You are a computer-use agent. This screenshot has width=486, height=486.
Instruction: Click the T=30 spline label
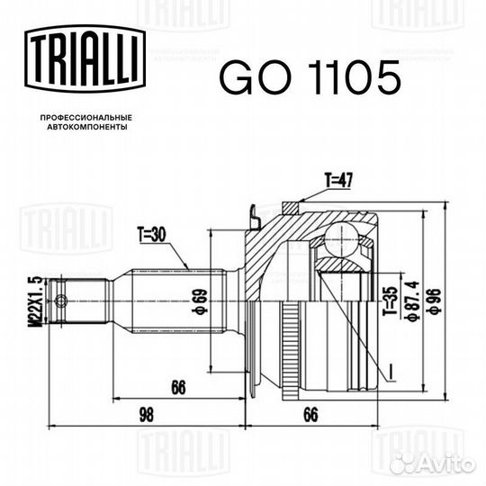[155, 236]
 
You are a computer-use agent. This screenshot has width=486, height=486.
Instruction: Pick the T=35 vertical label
[388, 299]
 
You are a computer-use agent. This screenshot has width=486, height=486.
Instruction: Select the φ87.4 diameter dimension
[413, 298]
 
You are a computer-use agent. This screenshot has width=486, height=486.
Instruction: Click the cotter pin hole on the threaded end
[61, 299]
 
